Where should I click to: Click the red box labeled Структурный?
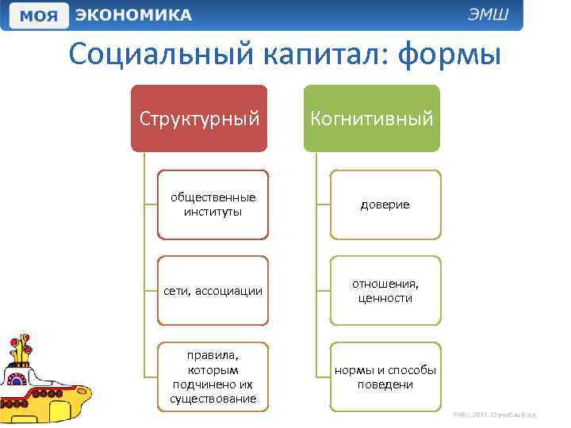[x=199, y=119]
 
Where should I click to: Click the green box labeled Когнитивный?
[x=371, y=119]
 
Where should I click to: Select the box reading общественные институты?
[x=213, y=204]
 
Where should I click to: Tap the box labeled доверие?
[x=385, y=204]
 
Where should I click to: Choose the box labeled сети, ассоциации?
[x=213, y=291]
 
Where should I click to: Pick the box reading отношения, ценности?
[x=385, y=291]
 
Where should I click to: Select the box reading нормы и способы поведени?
[x=385, y=377]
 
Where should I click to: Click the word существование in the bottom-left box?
[x=213, y=399]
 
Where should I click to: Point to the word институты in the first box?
[x=213, y=212]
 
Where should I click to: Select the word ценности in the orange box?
[x=385, y=299]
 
